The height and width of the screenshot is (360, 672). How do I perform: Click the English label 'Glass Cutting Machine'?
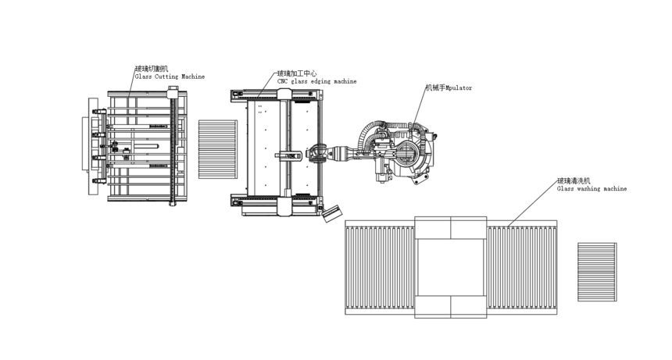pos(170,77)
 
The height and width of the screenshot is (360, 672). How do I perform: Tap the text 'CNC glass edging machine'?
pos(316,81)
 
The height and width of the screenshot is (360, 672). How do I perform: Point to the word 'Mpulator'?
pos(459,87)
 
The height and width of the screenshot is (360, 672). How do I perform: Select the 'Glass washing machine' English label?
pos(592,188)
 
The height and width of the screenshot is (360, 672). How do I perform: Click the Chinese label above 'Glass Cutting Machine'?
pos(152,69)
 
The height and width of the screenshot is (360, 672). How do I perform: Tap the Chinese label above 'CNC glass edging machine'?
pos(297,73)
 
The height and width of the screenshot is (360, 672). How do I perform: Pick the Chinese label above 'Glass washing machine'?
pos(574,180)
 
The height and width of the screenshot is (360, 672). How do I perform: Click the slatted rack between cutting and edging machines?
pos(218,149)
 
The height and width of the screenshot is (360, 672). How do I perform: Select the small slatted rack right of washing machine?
pos(597,272)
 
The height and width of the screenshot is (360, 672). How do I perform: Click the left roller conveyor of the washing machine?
pos(380,268)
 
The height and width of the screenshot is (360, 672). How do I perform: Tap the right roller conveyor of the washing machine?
pos(522,268)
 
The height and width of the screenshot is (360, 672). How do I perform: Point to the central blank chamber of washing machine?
pos(450,267)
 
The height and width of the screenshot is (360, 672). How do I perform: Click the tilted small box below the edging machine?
pos(332,213)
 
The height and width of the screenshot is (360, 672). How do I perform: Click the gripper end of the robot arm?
pos(317,153)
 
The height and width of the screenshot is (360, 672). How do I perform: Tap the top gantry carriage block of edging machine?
pos(284,94)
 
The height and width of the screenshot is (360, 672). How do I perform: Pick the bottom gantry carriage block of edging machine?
pos(284,206)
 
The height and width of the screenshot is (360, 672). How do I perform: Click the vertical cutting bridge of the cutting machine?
pos(173,146)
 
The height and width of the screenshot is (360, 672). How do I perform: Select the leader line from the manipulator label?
pos(420,108)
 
